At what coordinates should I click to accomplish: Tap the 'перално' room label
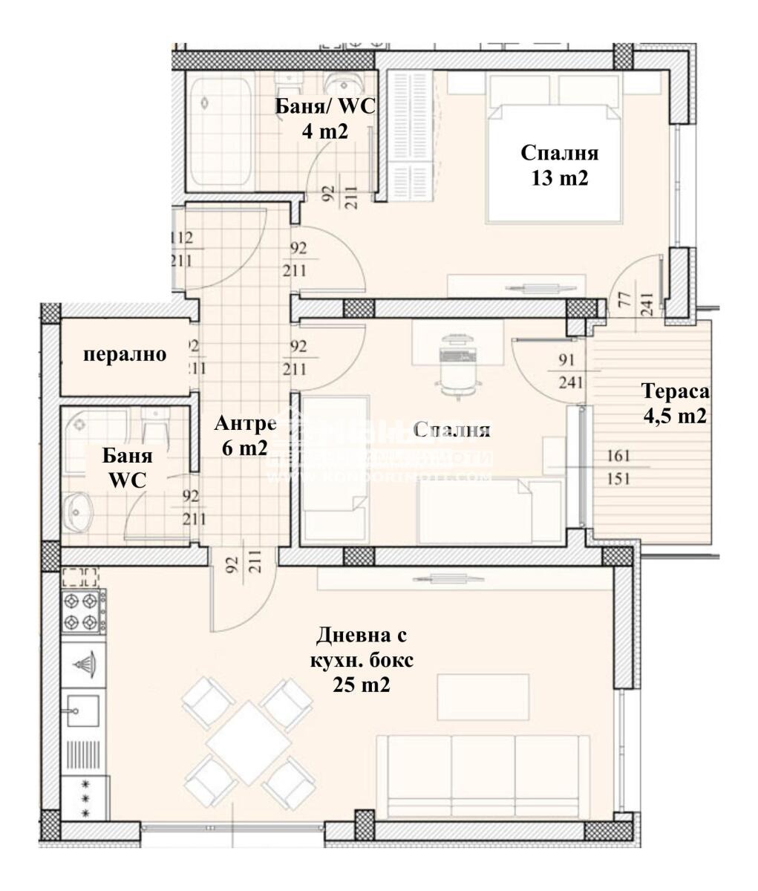125,354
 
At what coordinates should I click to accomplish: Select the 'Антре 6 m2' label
244,435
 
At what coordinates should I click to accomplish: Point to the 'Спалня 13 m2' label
559,166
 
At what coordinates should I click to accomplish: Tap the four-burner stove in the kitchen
80,610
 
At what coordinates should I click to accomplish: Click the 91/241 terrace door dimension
570,372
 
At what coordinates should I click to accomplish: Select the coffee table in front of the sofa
483,696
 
